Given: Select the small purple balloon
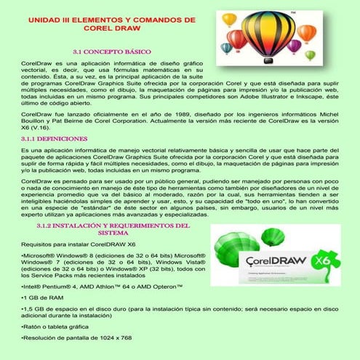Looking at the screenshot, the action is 295,44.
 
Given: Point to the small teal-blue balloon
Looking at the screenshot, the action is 226,47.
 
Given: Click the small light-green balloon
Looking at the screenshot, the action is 310,55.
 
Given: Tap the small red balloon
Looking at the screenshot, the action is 237,38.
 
